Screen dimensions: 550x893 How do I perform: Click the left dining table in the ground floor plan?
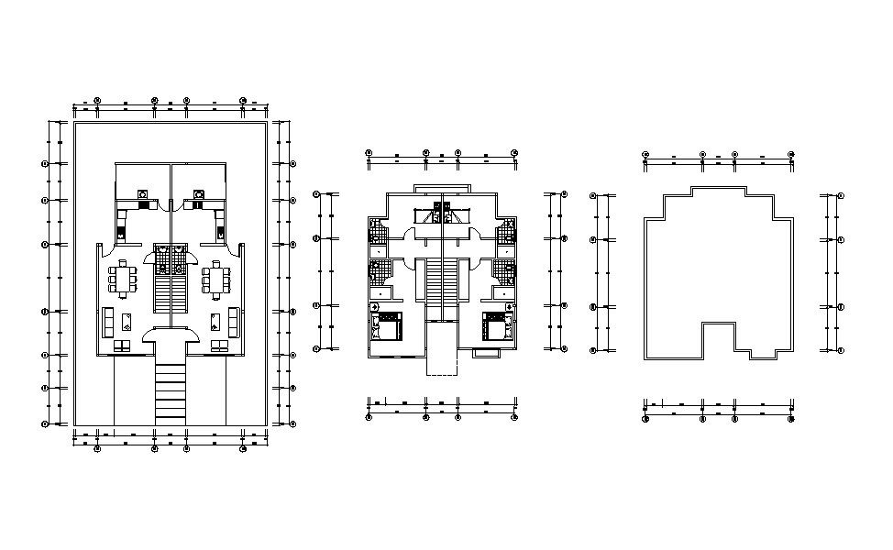[x=123, y=278]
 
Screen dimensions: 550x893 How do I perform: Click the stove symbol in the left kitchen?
[x=143, y=194]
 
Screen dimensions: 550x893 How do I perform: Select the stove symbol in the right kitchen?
[x=198, y=194]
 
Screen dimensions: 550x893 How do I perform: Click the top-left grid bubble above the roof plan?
[x=645, y=155]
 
